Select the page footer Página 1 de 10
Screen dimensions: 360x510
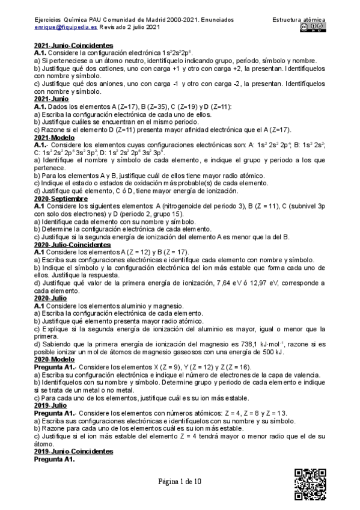point(180,482)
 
